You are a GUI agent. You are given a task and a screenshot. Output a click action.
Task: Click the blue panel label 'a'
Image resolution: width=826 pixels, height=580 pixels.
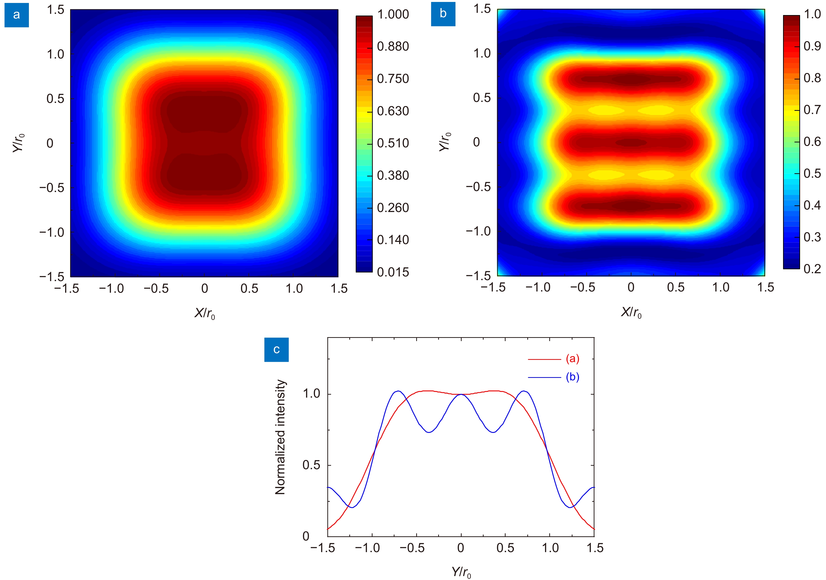(x=17, y=15)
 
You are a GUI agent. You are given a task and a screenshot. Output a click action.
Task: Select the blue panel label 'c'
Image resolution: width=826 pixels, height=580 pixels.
(x=276, y=349)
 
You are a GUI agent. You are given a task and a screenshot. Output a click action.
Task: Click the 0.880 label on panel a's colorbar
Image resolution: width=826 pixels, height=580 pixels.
(x=393, y=46)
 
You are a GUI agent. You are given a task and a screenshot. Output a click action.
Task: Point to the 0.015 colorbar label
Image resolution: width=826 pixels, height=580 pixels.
(x=393, y=272)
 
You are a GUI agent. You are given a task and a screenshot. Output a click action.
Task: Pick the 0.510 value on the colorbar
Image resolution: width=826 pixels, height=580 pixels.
(x=393, y=143)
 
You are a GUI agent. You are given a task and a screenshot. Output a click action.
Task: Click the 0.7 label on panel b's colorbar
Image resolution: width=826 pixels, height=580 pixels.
(x=812, y=109)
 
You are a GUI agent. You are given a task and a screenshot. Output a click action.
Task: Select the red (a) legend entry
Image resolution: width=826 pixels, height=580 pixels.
(x=572, y=359)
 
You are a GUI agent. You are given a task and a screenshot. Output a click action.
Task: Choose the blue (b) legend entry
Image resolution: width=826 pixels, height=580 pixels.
(x=572, y=377)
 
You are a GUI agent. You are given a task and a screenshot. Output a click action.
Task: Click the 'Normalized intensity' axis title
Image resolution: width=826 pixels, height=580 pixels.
(x=280, y=437)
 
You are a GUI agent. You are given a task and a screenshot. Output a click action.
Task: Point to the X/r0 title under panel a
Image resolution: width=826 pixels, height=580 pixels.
(x=205, y=313)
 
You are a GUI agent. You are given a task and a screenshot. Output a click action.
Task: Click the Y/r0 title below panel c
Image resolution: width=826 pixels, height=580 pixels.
(x=461, y=572)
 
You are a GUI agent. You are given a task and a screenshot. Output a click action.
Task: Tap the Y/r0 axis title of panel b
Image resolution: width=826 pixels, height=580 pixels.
(x=445, y=142)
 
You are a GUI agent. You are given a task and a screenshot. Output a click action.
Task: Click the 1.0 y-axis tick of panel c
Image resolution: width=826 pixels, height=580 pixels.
(x=312, y=394)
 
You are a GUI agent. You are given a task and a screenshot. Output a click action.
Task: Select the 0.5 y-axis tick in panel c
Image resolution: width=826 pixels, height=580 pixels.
(x=312, y=465)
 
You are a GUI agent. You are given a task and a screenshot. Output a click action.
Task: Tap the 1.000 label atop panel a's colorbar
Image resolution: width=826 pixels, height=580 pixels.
(x=393, y=14)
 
